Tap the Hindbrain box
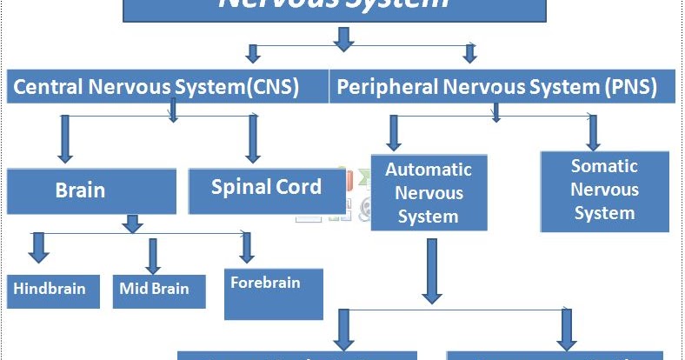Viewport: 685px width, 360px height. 49,290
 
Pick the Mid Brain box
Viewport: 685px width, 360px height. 159,290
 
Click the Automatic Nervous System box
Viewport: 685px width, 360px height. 429,193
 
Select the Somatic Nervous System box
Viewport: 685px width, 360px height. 604,190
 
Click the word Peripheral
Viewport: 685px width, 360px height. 378,87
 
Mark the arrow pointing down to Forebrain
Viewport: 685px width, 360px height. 247,247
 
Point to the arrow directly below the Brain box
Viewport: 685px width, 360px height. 132,223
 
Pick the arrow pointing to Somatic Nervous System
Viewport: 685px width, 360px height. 593,131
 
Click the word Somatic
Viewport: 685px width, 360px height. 604,166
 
